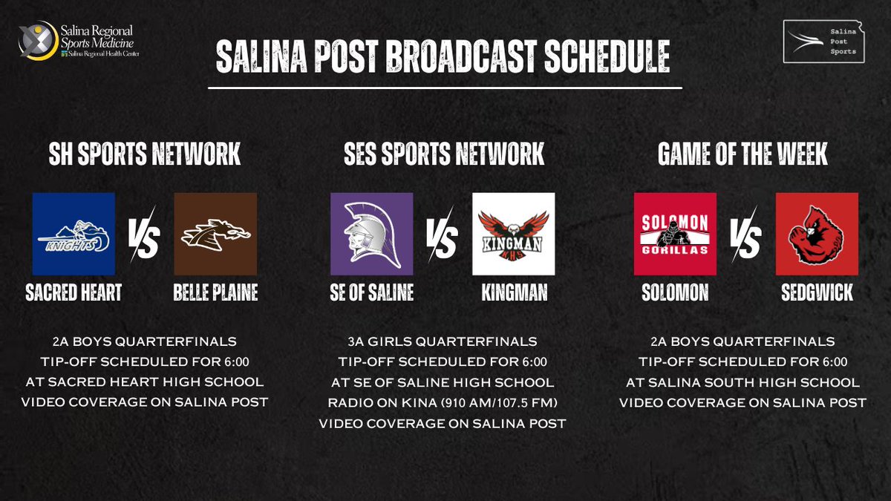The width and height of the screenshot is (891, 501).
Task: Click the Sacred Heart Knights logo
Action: pos(74,234)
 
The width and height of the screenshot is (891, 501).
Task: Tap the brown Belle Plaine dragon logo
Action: pos(215,234)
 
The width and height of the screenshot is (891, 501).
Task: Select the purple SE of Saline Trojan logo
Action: pos(371,234)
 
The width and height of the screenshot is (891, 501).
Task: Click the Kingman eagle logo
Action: pos(513,234)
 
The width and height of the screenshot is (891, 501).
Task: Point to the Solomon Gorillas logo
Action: pos(675,234)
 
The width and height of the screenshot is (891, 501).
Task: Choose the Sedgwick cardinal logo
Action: pos(817,234)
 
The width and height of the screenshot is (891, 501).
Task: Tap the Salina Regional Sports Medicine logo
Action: pos(79,42)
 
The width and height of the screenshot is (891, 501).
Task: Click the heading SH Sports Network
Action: pos(145,155)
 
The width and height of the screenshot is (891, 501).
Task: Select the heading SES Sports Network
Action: pos(444,155)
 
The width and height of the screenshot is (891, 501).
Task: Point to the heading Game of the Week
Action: pos(742,155)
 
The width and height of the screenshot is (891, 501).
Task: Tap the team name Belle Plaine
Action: pos(215,292)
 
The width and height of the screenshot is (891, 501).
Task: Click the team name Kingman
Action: pos(514,292)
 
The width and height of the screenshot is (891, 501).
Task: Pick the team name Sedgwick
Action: pos(817,292)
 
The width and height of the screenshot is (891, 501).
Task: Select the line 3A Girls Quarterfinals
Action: pos(443,341)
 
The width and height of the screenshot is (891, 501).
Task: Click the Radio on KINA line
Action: pos(443,403)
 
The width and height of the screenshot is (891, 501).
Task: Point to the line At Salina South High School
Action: pos(743,382)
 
